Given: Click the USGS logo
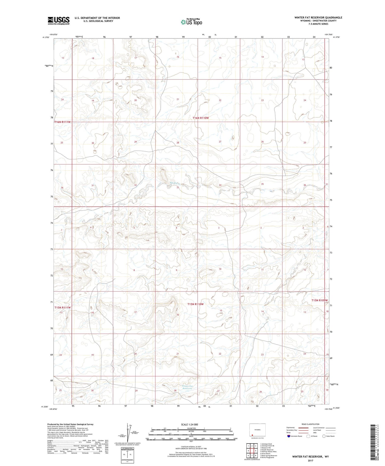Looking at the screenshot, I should (59, 20).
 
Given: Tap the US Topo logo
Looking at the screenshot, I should (191, 22).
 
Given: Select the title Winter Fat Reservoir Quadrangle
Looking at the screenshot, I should (318, 18).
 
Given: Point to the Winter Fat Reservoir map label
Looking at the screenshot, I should (187, 387).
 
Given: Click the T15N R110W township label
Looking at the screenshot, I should (195, 304).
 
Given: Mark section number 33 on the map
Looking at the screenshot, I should (178, 187).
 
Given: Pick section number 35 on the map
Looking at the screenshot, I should (262, 184).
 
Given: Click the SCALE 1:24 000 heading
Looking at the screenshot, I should (189, 425).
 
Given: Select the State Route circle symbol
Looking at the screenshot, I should (324, 436).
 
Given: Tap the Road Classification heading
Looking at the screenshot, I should (311, 424).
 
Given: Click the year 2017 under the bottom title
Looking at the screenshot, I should (310, 460).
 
